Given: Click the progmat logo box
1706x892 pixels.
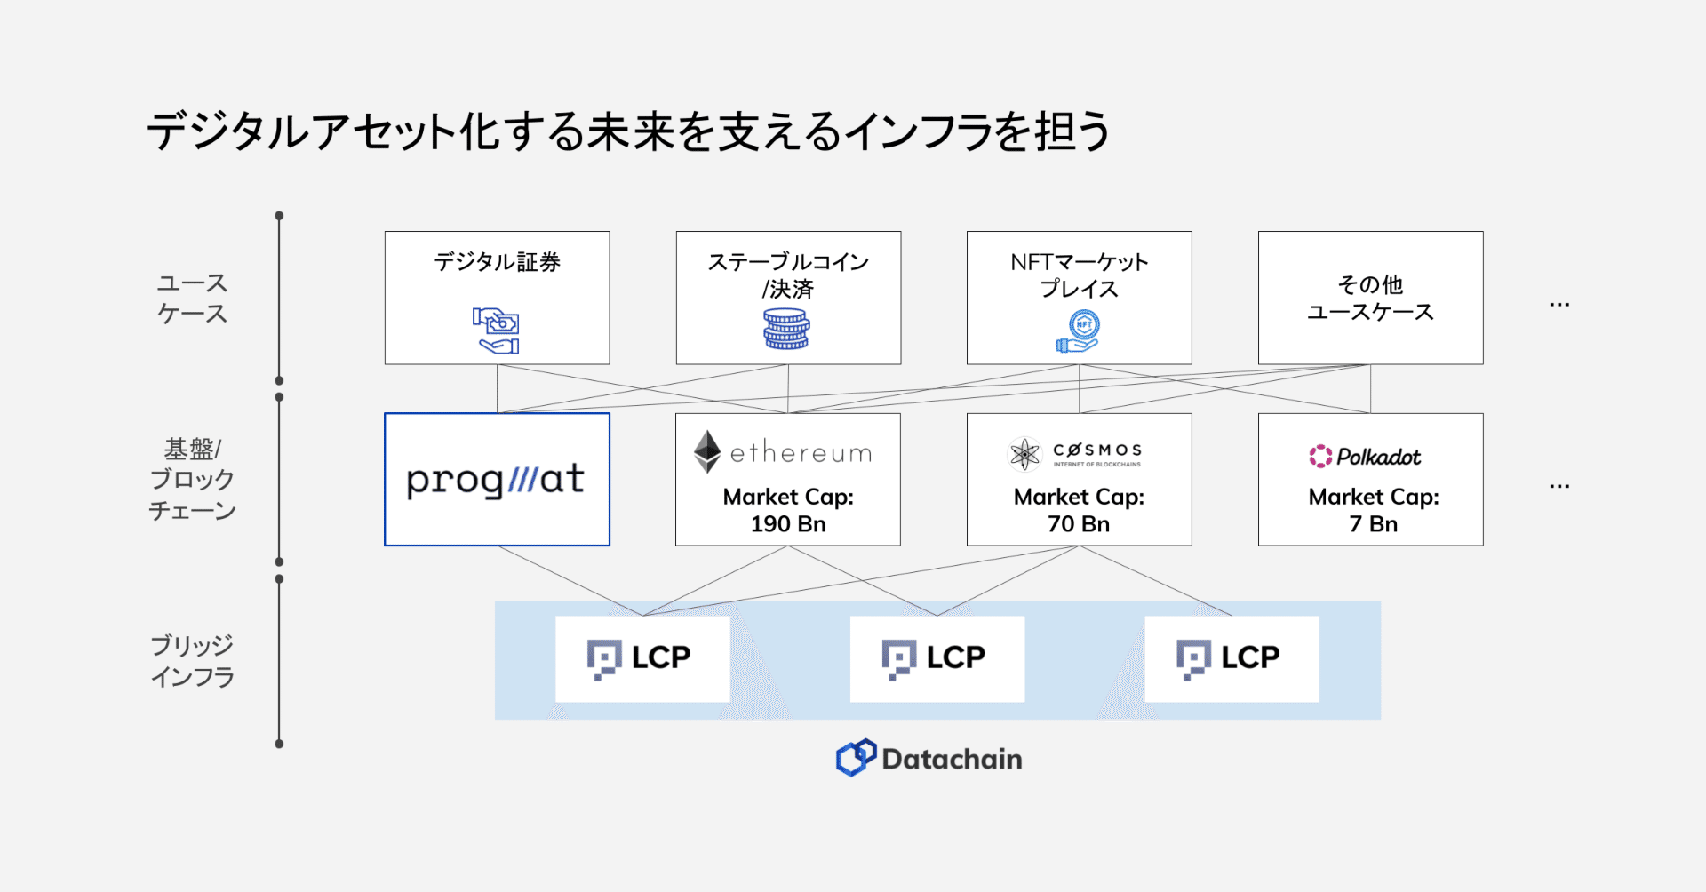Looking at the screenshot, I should tap(497, 480).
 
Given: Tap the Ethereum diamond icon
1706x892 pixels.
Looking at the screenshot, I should tap(707, 451).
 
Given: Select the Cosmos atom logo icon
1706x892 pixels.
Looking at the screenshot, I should tap(1024, 454).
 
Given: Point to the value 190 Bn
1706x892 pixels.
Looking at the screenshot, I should tap(788, 524).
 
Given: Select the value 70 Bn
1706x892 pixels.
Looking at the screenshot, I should tap(1079, 524).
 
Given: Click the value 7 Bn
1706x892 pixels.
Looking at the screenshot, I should tap(1373, 524).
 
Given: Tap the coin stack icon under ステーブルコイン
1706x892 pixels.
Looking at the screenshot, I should tap(786, 329).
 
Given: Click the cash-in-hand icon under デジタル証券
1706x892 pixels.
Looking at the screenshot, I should tap(496, 331).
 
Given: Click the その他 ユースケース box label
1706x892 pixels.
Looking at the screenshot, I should tap(1370, 299).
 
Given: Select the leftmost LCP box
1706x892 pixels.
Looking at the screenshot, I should tap(642, 658).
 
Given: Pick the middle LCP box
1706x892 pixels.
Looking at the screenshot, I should tap(937, 658).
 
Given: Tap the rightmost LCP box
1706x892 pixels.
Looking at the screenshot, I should tap(1232, 658).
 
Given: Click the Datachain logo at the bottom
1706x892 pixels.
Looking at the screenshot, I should tap(929, 759).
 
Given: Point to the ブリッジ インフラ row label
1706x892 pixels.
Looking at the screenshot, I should tap(192, 661).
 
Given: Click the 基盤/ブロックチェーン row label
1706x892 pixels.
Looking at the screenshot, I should tap(192, 480).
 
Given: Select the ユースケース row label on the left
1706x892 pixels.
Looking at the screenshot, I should tap(192, 299).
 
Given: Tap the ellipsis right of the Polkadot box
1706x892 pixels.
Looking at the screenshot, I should tap(1559, 487).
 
